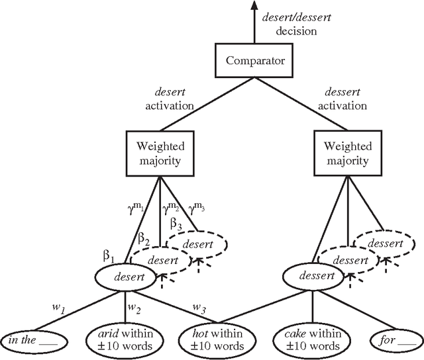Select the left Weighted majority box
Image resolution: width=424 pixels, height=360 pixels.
pyautogui.click(x=161, y=154)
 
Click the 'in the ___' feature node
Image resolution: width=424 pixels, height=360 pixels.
pyautogui.click(x=34, y=340)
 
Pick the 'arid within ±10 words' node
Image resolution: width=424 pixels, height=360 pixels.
pyautogui.click(x=125, y=340)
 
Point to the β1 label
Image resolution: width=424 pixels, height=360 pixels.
pyautogui.click(x=108, y=255)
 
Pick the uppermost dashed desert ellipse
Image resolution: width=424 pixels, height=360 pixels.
pyautogui.click(x=198, y=244)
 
